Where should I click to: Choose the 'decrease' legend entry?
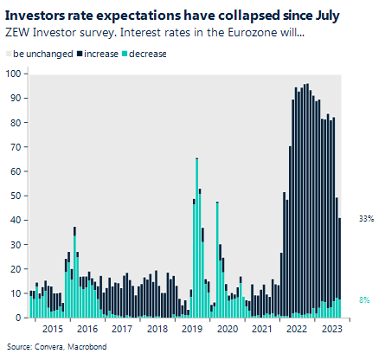pos(148,53)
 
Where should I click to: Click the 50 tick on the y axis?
pos(15,196)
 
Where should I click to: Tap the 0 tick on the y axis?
pos(17,318)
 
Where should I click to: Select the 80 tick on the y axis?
pos(15,122)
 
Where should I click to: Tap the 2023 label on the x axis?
pos(330,329)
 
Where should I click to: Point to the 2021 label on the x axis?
pos(260,329)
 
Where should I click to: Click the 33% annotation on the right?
pos(366,218)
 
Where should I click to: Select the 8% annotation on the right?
pos(366,299)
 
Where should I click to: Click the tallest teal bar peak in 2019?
pos(197,160)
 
